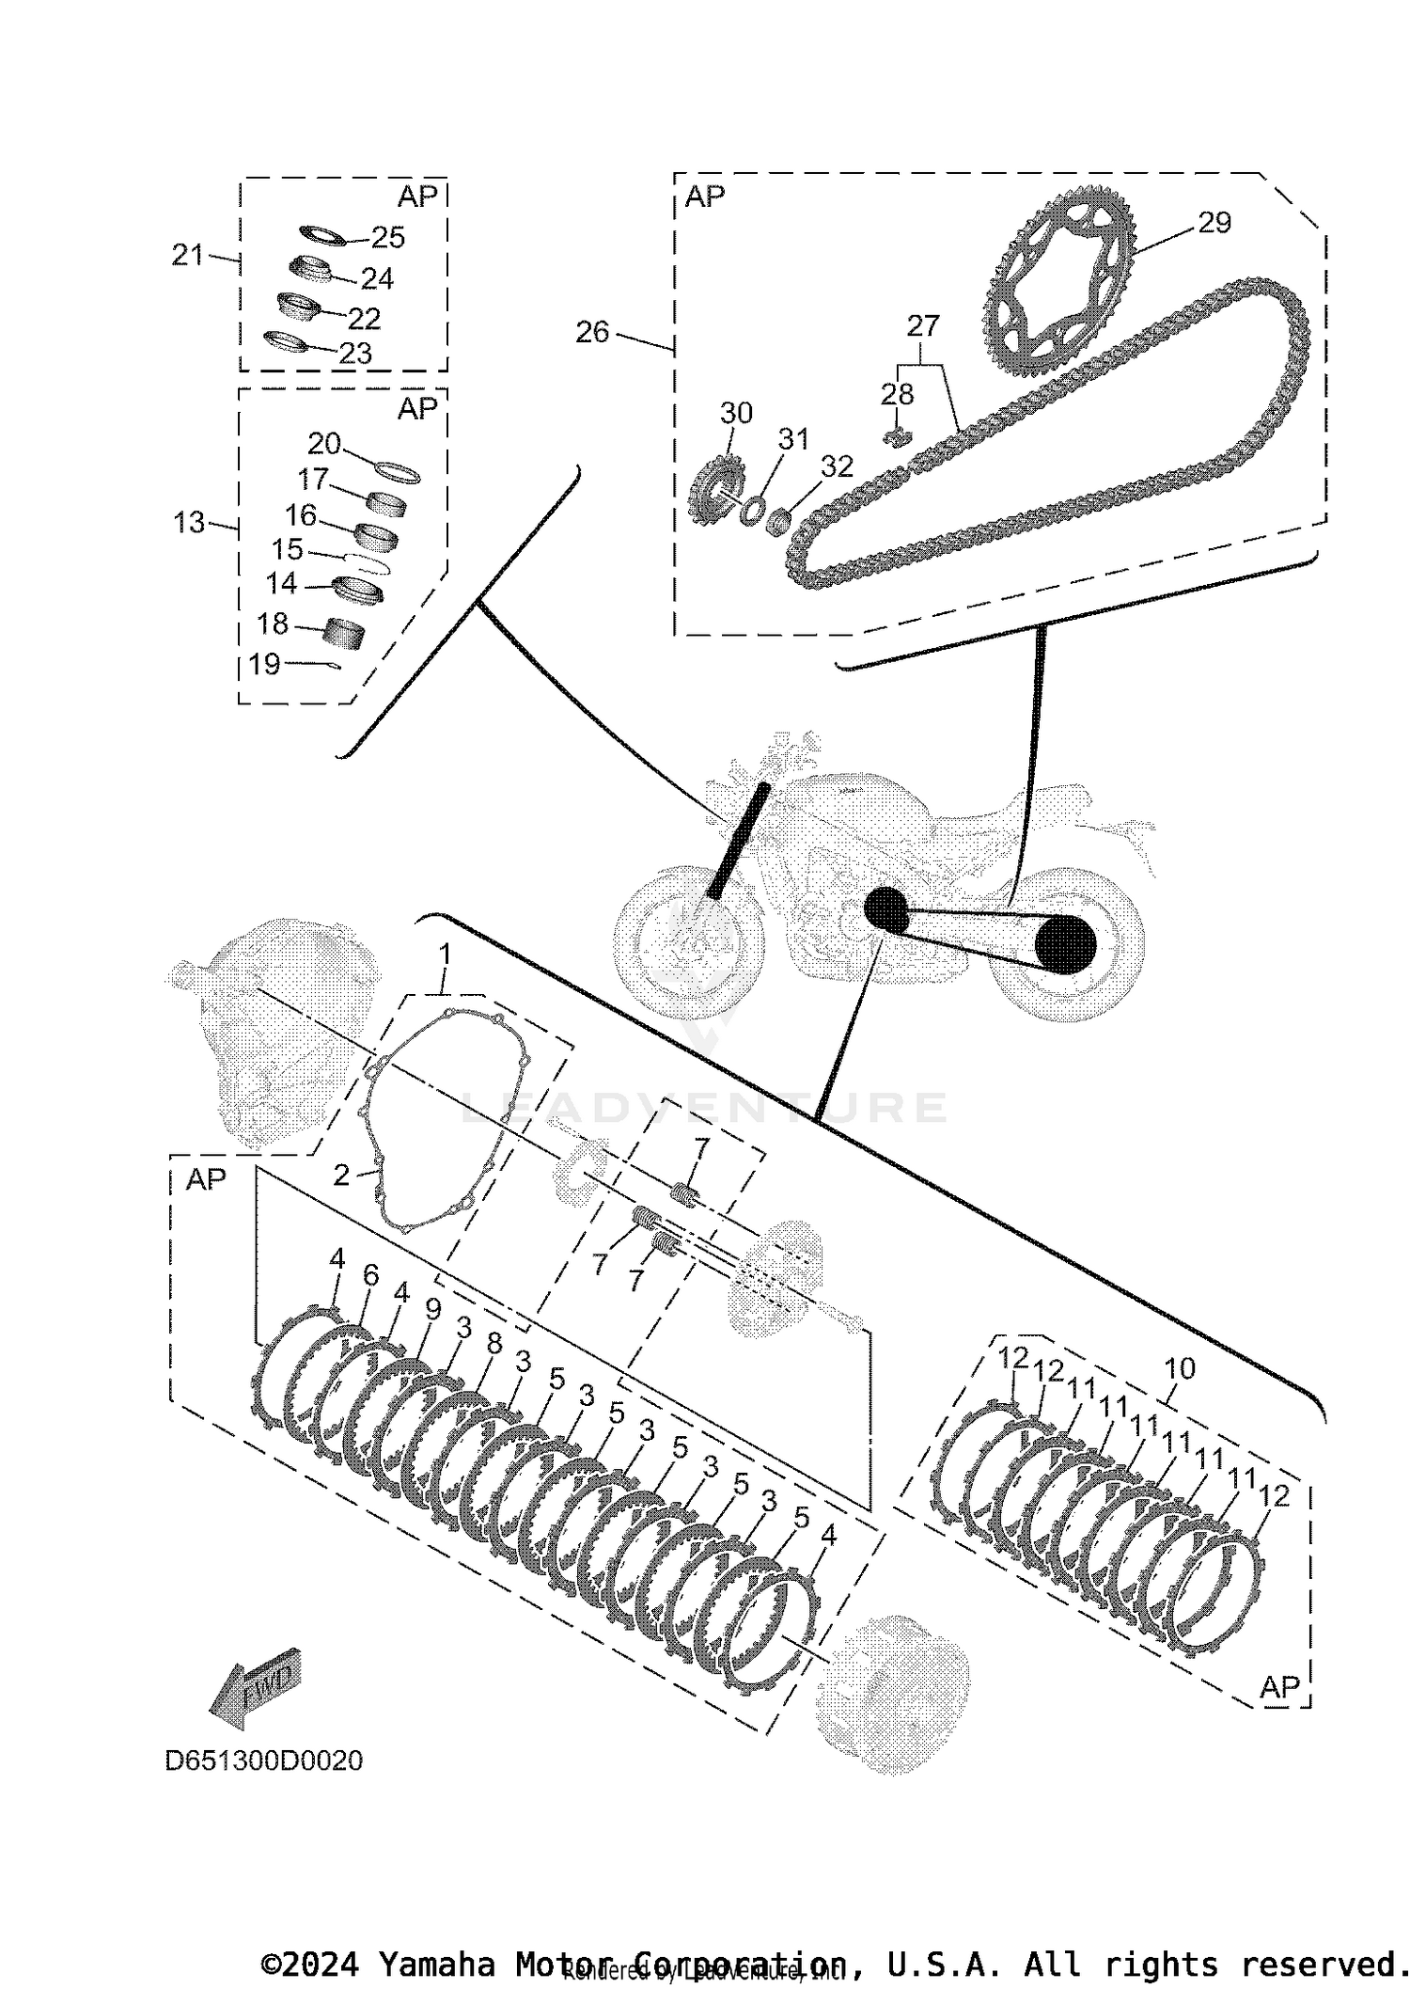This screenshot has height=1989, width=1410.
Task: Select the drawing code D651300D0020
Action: (x=263, y=1760)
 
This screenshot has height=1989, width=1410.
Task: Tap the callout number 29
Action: (x=1214, y=223)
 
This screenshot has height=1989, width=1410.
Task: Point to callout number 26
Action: (x=592, y=332)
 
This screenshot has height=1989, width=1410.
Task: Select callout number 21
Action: (x=188, y=255)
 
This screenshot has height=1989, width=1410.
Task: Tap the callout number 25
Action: (x=387, y=238)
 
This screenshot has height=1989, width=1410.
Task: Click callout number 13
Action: (x=189, y=522)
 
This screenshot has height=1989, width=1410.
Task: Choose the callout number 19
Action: (x=264, y=664)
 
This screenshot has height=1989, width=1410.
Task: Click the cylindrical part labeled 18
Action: (x=344, y=633)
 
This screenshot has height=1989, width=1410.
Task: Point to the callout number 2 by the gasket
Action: (x=341, y=1175)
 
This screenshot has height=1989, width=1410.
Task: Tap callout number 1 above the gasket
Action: (x=445, y=955)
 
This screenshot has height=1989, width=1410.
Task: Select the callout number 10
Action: (x=1179, y=1368)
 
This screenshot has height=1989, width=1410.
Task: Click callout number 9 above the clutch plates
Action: (x=432, y=1309)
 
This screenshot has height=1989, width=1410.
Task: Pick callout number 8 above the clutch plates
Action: (x=494, y=1344)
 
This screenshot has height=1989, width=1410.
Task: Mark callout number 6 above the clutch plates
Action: (x=370, y=1275)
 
